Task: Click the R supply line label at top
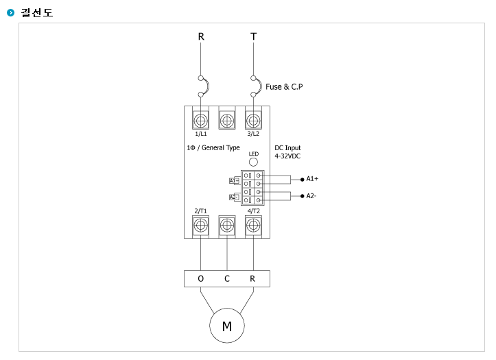point(201,36)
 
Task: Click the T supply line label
point(253,36)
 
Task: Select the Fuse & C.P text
point(284,86)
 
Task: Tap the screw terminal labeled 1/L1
point(200,121)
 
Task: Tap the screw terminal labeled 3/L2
point(253,121)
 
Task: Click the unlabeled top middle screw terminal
point(227,121)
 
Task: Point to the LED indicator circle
point(253,162)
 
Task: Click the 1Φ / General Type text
point(213,147)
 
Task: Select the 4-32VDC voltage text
point(287,156)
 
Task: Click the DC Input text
point(287,147)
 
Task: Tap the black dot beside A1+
point(302,180)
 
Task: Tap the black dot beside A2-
point(302,196)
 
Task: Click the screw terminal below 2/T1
point(200,226)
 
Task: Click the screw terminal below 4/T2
point(253,226)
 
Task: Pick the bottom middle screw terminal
point(227,226)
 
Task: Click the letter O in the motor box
point(201,278)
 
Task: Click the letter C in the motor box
point(227,278)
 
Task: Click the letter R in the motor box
point(252,278)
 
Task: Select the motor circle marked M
point(227,326)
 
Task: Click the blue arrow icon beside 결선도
point(11,12)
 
